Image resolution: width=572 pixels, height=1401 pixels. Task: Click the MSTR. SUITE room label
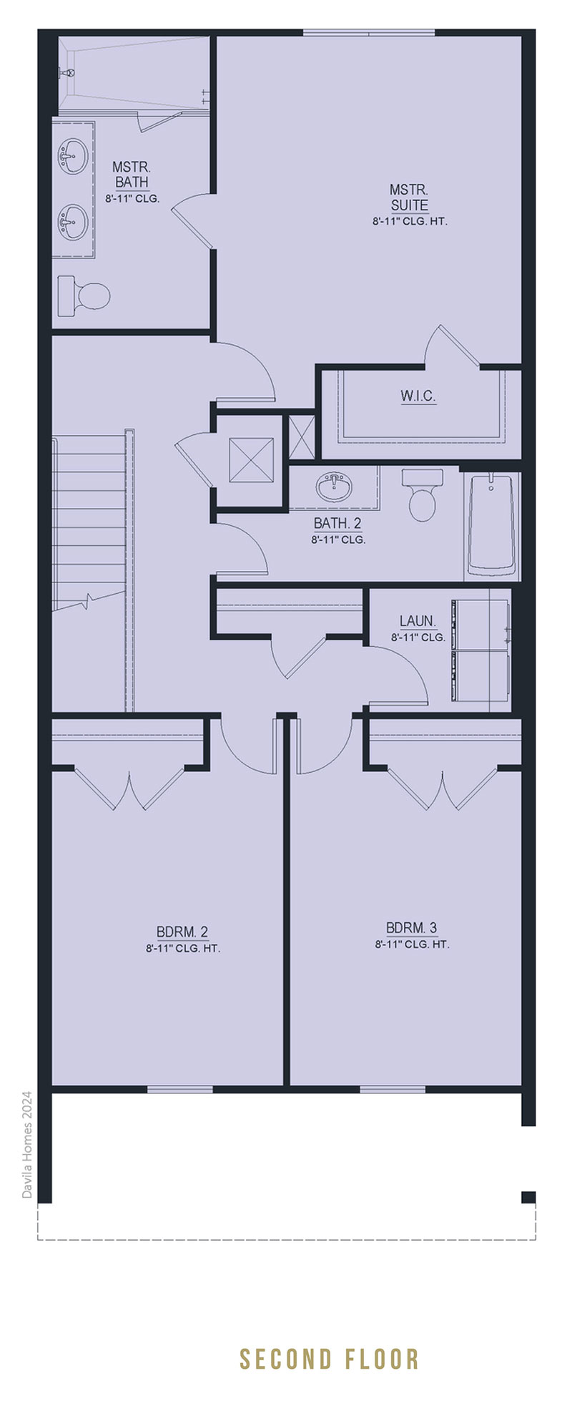coord(409,197)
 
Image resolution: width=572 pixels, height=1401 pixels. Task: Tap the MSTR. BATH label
coord(132,174)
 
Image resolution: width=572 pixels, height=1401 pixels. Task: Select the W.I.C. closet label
coord(418,396)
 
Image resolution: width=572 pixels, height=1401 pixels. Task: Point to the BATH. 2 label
coord(337,524)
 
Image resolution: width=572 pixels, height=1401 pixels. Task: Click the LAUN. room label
coord(418,622)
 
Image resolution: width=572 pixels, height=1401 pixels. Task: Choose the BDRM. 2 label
coord(182,932)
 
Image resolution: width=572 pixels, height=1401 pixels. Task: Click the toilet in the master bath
coord(84,293)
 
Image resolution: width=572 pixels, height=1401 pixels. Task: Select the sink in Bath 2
coord(334,487)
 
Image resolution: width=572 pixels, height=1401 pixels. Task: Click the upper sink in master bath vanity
coord(72,155)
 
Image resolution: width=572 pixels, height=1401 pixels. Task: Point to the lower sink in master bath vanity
coord(72,221)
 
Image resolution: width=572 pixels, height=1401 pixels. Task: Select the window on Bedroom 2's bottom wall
coord(180,1089)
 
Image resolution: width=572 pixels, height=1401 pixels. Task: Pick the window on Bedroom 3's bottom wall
coord(393,1089)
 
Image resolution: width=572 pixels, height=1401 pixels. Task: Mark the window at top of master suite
coord(369,32)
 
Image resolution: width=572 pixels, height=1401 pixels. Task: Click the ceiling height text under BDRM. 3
coord(412,944)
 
